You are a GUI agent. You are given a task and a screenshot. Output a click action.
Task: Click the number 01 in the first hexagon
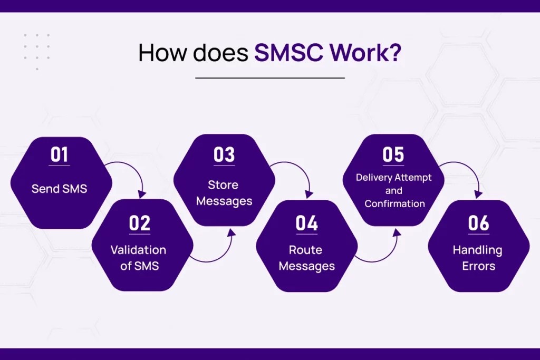click(x=60, y=155)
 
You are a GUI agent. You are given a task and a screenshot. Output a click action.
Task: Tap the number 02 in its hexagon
click(x=140, y=223)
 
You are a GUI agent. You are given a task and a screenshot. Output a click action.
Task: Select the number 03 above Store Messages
click(x=224, y=155)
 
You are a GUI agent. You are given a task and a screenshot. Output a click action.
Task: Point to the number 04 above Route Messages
click(x=306, y=223)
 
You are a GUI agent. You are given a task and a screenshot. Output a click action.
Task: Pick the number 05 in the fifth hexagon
click(x=393, y=155)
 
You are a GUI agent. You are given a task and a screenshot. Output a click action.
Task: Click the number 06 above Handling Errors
click(x=478, y=223)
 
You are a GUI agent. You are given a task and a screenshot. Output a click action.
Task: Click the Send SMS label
click(x=60, y=189)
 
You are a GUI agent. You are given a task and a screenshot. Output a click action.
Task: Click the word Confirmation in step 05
click(x=394, y=203)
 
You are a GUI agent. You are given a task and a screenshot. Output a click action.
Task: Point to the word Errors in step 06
click(x=478, y=266)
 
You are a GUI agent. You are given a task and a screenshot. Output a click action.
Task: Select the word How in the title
click(x=157, y=54)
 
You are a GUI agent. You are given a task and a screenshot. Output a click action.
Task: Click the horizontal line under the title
click(x=270, y=78)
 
